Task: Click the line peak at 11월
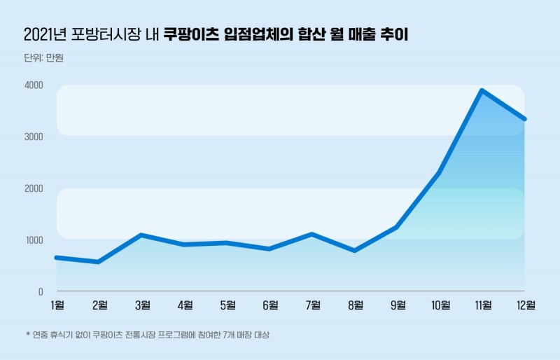pos(482,90)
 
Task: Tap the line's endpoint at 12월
pos(524,119)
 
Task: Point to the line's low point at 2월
pos(99,262)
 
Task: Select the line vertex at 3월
pos(141,235)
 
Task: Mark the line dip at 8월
pos(355,251)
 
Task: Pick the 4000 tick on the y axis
pos(34,85)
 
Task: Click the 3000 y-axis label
pos(34,137)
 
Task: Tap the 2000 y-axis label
pos(34,188)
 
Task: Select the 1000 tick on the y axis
pos(34,240)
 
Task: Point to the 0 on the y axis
pos(40,291)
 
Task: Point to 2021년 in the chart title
pos(45,34)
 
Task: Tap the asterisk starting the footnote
pos(27,335)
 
